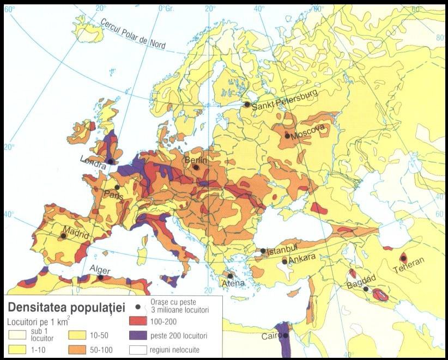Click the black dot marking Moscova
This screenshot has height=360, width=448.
pyautogui.click(x=287, y=136)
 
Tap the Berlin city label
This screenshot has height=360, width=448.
pyautogui.click(x=196, y=160)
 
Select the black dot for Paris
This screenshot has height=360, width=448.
pyautogui.click(x=117, y=187)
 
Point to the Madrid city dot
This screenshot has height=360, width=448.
pyautogui.click(x=64, y=236)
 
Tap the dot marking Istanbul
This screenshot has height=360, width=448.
pyautogui.click(x=263, y=251)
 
